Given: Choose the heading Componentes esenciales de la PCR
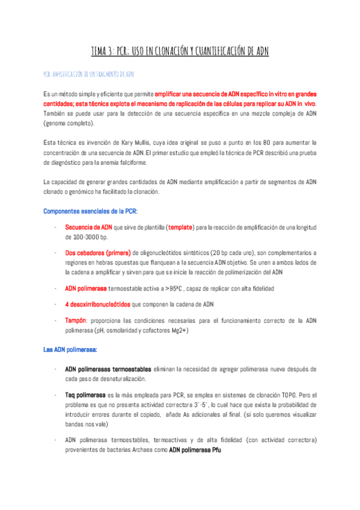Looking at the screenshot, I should click(x=91, y=211).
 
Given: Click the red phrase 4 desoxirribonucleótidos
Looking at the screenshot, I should click(x=97, y=304).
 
